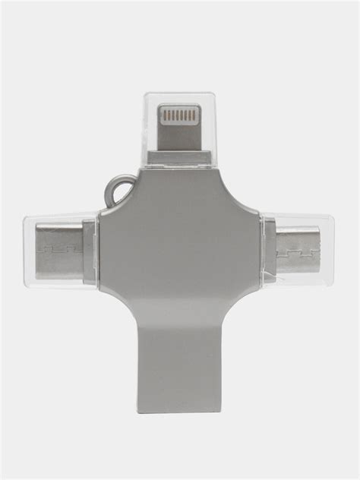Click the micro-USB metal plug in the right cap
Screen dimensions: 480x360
[297, 251]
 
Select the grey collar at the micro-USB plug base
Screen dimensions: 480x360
[268, 251]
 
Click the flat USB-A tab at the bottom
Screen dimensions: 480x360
[180, 357]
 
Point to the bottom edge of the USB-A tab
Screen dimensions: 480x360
[180, 411]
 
